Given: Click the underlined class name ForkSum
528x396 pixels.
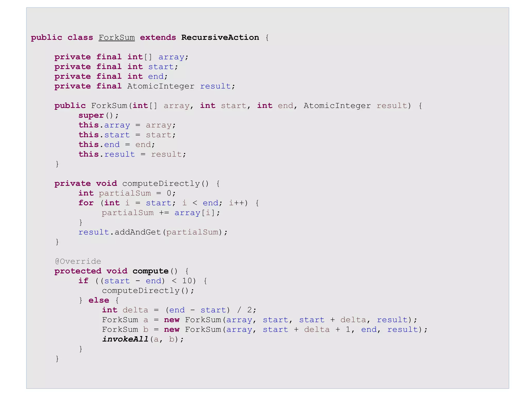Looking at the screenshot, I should pyautogui.click(x=117, y=37).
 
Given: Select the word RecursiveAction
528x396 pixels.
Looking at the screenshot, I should pyautogui.click(x=220, y=37).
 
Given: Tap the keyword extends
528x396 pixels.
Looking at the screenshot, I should pyautogui.click(x=158, y=37).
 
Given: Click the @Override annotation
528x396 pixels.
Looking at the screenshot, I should pyautogui.click(x=78, y=261).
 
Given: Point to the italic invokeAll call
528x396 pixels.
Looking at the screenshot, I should pyautogui.click(x=125, y=339).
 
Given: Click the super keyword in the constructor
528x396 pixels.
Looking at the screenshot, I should pyautogui.click(x=91, y=115).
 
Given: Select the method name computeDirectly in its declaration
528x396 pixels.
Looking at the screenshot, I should pyautogui.click(x=161, y=183).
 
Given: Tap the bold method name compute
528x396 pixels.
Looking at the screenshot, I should pyautogui.click(x=150, y=271).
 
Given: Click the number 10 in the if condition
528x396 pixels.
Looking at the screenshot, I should pyautogui.click(x=187, y=281).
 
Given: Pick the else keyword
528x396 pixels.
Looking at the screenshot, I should pyautogui.click(x=99, y=300).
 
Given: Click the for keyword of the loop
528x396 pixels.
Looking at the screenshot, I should pyautogui.click(x=86, y=203).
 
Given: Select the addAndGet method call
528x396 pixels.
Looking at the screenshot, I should pyautogui.click(x=138, y=232).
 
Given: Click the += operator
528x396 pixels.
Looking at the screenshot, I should pyautogui.click(x=164, y=213).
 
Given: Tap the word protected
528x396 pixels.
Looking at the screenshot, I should pyautogui.click(x=78, y=271).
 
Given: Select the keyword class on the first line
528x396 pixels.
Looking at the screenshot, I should pyautogui.click(x=80, y=37).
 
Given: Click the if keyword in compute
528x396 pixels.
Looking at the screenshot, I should pyautogui.click(x=83, y=281).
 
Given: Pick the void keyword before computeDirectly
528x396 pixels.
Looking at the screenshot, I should pyautogui.click(x=106, y=183).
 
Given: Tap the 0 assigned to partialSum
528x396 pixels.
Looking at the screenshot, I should pyautogui.click(x=169, y=193).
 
